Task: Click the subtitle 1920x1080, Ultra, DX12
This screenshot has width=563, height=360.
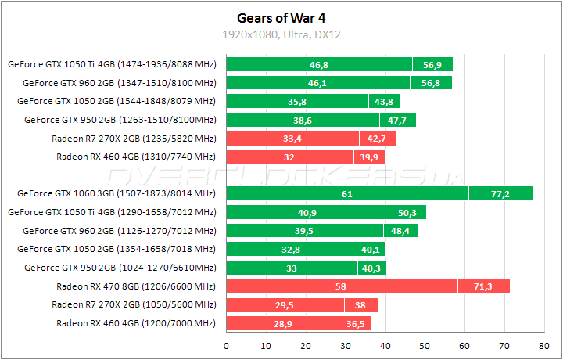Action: coord(281,34)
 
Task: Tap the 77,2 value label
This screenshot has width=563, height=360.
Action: coord(500,193)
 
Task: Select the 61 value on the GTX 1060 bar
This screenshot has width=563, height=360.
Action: coord(346,193)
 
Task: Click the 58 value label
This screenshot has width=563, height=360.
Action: coord(341,287)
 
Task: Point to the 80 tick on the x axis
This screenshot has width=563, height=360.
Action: coord(544,344)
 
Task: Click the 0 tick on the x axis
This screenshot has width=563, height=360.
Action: coord(226,344)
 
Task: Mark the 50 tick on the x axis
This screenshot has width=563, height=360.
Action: coord(425,344)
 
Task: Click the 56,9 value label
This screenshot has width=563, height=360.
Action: coord(432,64)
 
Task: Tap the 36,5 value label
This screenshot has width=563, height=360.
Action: coord(357,323)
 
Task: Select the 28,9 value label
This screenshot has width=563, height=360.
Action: coord(283,323)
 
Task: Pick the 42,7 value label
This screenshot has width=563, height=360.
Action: coord(378,139)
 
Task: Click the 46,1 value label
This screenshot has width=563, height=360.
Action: coord(317,82)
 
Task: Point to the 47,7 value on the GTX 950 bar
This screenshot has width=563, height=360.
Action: coord(397,121)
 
